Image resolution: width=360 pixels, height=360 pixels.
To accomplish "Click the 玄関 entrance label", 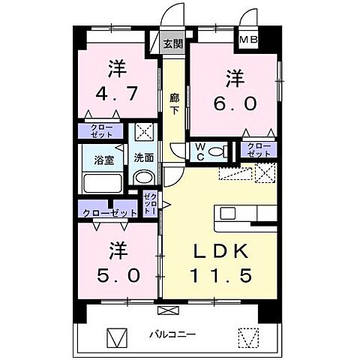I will tap(172, 44).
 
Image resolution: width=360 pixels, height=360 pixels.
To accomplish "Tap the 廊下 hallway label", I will tap(174, 103).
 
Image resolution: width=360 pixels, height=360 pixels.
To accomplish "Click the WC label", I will tap(200, 151).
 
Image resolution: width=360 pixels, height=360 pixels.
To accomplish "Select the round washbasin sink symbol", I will tap(143, 178).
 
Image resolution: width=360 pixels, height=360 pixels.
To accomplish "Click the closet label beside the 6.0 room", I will tap(257, 149).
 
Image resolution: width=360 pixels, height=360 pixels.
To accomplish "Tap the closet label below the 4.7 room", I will tap(103, 130).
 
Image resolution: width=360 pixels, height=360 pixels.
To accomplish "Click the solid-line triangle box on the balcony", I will tap(117, 337).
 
